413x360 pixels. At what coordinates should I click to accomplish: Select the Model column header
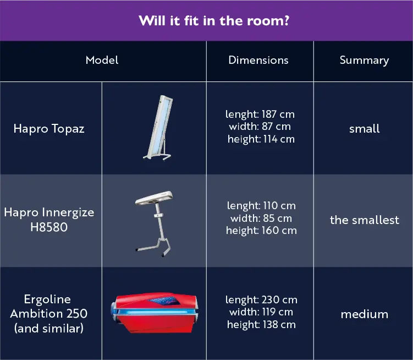pos(102,60)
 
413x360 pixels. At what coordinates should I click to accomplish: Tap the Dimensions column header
pos(258,60)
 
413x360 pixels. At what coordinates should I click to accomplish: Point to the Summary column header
pos(364,61)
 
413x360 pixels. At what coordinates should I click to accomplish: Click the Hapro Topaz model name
pos(49,129)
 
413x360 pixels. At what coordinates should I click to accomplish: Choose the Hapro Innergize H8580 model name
pos(49,219)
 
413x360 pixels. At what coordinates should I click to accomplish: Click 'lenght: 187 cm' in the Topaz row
pos(260,114)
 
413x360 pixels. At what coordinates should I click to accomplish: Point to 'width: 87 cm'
pos(261,127)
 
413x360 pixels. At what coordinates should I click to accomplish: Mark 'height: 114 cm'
pos(261,139)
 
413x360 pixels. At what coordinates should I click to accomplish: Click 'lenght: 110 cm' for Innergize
pos(261,205)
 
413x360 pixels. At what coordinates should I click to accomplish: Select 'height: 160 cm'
pos(261,231)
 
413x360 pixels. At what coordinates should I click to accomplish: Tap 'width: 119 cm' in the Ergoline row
pos(261,312)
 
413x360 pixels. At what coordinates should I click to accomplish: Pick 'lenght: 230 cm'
pos(261,300)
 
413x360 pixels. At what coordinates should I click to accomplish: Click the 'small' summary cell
pos(364,129)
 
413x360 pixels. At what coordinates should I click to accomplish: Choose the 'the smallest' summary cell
pos(364,220)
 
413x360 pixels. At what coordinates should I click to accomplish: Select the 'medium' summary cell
pos(364,314)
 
